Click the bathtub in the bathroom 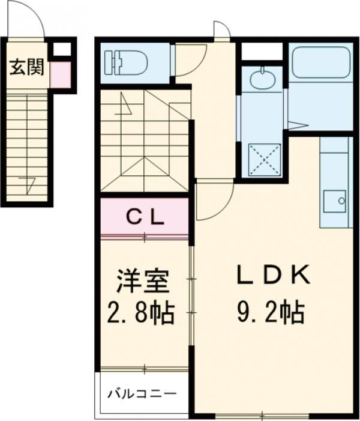pos(320,62)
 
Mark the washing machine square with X pos(265,159)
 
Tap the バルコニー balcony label pos(142,394)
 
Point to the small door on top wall pos(221,30)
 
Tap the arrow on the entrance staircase pos(27,181)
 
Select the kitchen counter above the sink pos(334,162)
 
